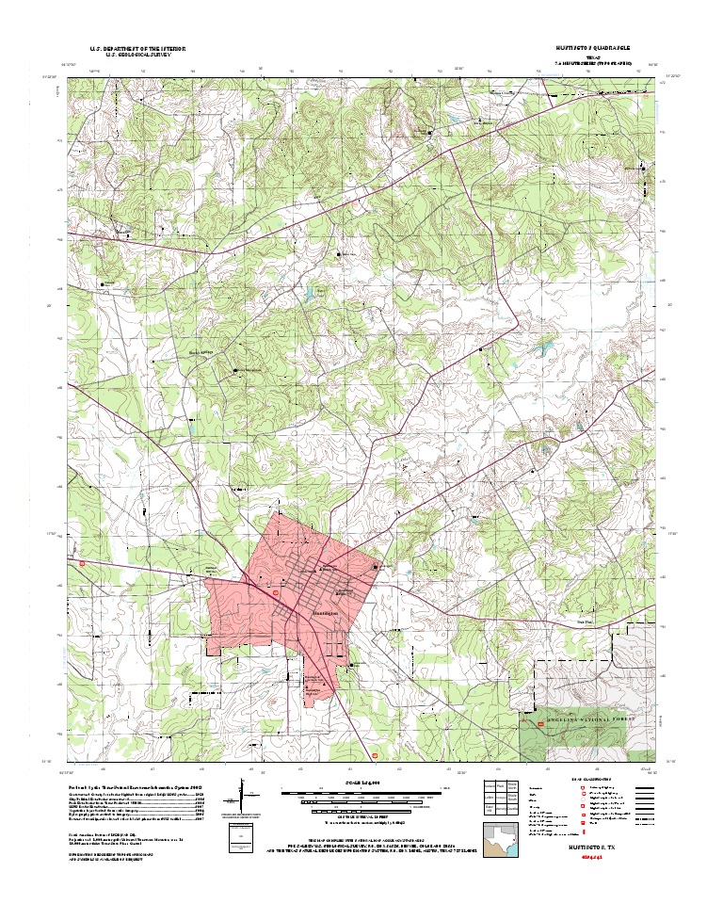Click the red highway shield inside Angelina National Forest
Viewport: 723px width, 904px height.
point(540,724)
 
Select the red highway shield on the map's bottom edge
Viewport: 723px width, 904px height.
point(378,754)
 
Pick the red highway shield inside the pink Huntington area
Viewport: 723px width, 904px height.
point(274,594)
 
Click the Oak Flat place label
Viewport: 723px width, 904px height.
point(586,622)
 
